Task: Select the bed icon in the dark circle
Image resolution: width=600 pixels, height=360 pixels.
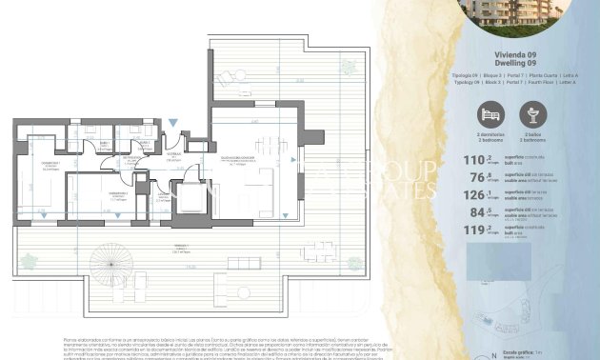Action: (x=490, y=117)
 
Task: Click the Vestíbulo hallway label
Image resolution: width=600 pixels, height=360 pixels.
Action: (x=173, y=153)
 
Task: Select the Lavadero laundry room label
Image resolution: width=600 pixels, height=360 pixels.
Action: (x=131, y=130)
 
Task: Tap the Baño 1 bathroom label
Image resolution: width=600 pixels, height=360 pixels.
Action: (x=99, y=145)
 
